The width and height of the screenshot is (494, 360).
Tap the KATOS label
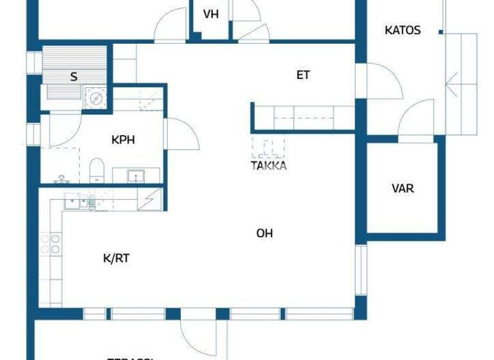(x=403, y=30)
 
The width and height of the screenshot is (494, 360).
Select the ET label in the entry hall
(x=303, y=75)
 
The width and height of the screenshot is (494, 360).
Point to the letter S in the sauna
(x=74, y=77)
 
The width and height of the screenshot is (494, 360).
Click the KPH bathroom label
(x=123, y=139)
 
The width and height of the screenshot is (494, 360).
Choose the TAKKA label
(x=269, y=165)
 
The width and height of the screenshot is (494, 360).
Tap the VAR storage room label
(x=403, y=188)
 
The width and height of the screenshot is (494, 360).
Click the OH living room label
(x=264, y=233)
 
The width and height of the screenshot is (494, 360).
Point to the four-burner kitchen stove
(x=50, y=244)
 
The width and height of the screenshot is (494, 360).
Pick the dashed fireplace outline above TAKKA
(x=268, y=147)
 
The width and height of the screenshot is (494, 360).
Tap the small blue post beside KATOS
(x=441, y=31)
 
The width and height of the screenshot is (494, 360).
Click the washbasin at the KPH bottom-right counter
(x=136, y=175)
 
